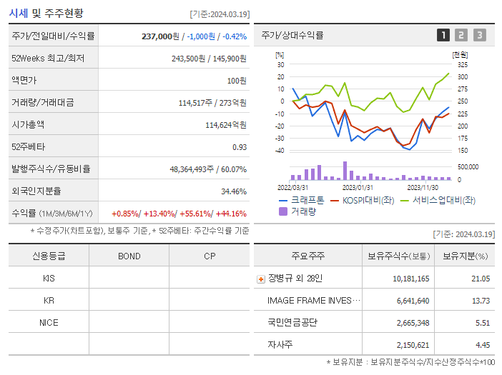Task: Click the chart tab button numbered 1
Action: (443, 34)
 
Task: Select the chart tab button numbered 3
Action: (479, 34)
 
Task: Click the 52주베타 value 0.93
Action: (240, 147)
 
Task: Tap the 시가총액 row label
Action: (28, 124)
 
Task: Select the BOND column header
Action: (129, 256)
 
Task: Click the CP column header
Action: (209, 256)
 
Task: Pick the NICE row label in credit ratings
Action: (49, 323)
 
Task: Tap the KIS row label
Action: (49, 279)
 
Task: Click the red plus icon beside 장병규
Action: (261, 279)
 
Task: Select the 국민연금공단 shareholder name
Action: (292, 323)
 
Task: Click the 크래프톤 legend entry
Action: (301, 200)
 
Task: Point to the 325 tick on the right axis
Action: (463, 64)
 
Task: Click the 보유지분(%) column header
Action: (465, 256)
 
